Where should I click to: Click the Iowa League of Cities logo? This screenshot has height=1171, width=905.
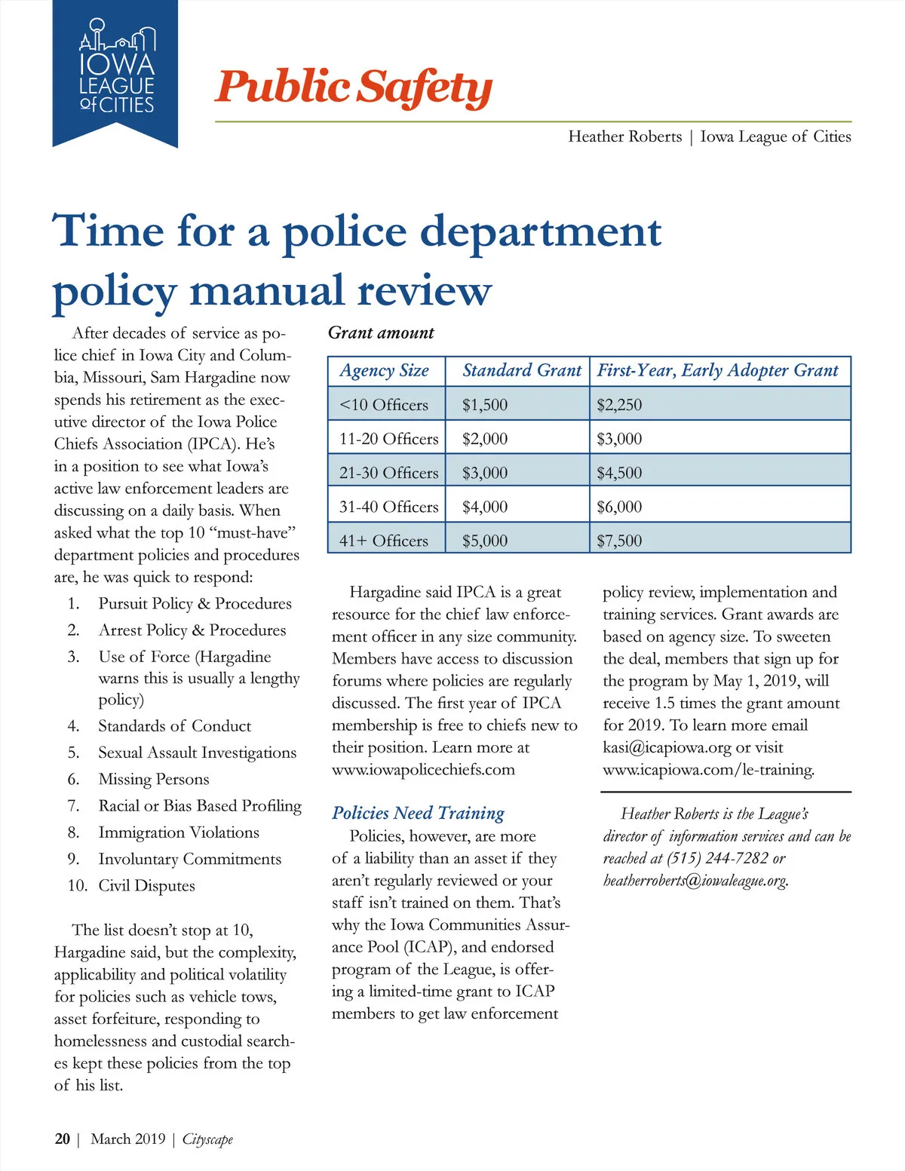[116, 71]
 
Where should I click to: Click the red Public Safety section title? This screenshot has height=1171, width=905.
[353, 87]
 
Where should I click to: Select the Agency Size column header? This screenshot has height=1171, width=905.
[384, 370]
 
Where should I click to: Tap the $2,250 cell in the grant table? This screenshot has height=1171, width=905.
[619, 405]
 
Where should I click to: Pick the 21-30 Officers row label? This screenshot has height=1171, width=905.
[388, 473]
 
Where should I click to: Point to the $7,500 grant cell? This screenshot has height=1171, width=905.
[619, 541]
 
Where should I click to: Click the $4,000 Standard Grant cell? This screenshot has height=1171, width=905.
[485, 507]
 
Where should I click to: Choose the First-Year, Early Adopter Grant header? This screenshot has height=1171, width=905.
[717, 370]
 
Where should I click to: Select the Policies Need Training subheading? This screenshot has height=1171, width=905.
[418, 813]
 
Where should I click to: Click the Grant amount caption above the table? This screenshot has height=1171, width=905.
[381, 333]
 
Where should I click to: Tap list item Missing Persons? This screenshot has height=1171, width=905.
[154, 779]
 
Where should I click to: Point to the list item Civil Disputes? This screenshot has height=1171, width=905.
[146, 885]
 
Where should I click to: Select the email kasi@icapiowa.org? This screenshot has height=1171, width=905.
[667, 748]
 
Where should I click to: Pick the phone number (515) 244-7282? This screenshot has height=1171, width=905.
[717, 858]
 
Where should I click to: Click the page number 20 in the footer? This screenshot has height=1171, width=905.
[63, 1139]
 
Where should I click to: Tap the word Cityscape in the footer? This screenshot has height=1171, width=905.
[207, 1139]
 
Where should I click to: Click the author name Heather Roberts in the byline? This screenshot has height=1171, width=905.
[624, 136]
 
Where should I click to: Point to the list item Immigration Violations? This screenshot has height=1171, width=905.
[179, 832]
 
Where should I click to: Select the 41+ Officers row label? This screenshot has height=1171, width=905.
[383, 541]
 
